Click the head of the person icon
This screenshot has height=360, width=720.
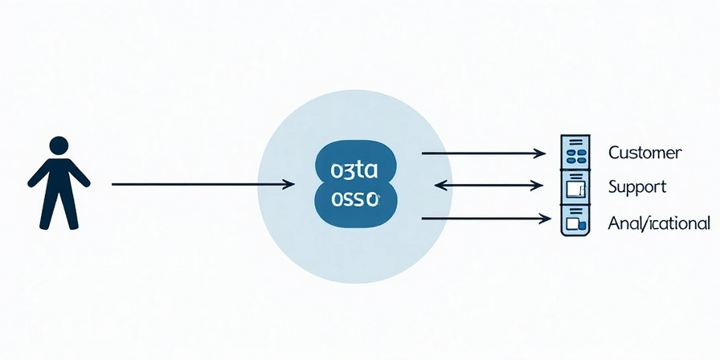(x=59, y=145)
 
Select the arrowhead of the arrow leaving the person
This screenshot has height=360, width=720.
(x=290, y=185)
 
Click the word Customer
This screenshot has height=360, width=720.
(x=644, y=153)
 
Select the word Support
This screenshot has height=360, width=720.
(x=636, y=187)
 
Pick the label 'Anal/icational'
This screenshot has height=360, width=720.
(x=658, y=223)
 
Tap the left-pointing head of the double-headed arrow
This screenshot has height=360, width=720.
(x=439, y=185)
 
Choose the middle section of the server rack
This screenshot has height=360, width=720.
(x=575, y=186)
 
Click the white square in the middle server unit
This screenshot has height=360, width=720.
(x=573, y=189)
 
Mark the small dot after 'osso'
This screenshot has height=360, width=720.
(x=378, y=197)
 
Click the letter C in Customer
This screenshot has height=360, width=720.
(x=614, y=153)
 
